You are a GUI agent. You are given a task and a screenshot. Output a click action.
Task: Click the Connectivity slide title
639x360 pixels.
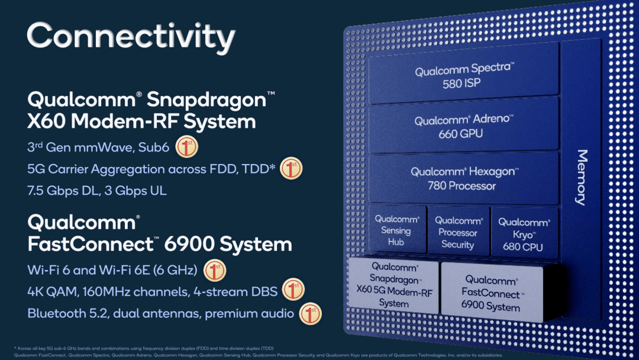[131, 37]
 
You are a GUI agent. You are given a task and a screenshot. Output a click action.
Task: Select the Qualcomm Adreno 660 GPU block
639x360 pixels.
[463, 127]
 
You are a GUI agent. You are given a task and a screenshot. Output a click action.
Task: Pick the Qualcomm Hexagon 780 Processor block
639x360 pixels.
[463, 178]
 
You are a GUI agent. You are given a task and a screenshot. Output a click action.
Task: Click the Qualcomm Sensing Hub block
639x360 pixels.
[396, 230]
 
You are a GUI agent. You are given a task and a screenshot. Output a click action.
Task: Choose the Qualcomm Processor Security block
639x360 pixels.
[458, 232]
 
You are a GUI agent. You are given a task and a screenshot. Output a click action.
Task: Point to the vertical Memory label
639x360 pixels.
[582, 177]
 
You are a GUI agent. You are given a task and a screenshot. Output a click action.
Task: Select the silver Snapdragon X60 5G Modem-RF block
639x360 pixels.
[393, 285]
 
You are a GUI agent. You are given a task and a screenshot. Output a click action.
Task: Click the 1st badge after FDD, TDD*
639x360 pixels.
[291, 169]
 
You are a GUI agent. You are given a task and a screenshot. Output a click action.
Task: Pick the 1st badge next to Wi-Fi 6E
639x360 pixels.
[215, 270]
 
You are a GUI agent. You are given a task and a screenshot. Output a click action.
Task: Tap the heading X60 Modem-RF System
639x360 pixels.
[141, 121]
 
